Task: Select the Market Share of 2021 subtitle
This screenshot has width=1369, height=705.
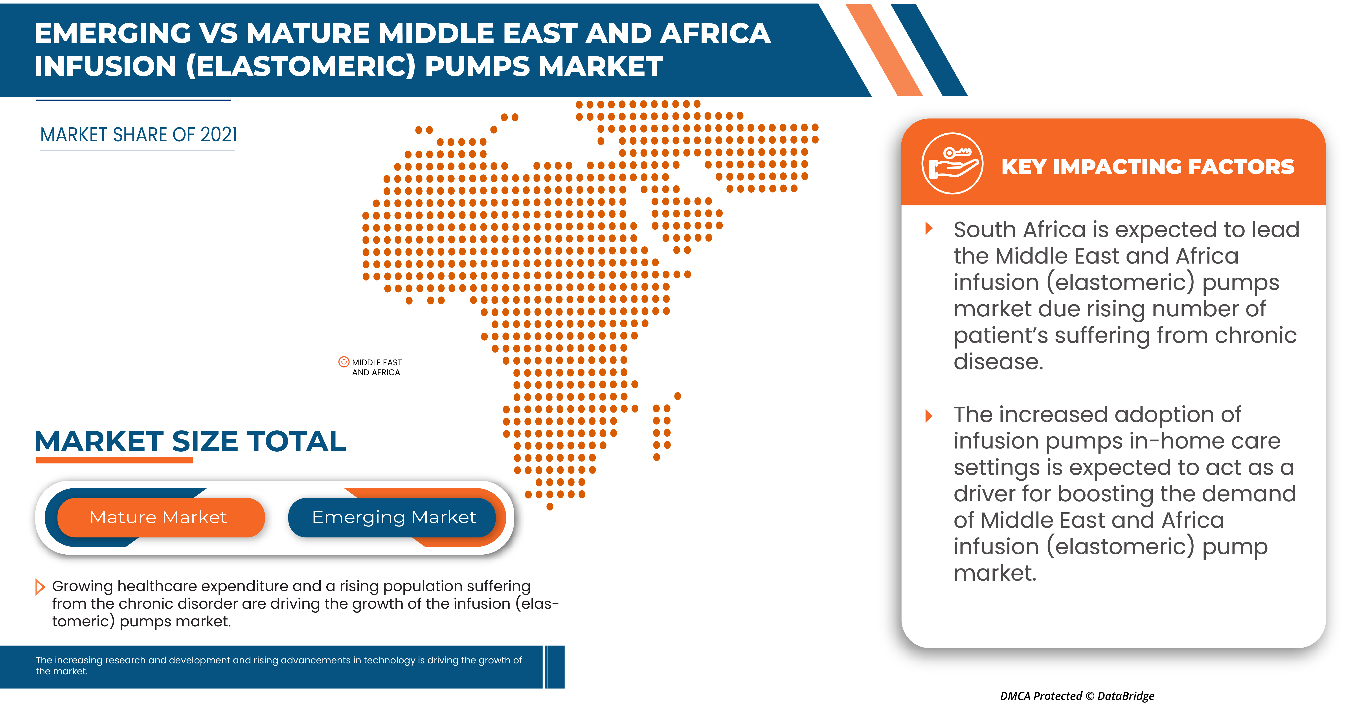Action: tap(139, 135)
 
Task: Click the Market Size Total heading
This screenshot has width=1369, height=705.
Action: tap(190, 441)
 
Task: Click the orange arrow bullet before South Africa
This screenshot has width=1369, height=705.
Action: tap(929, 229)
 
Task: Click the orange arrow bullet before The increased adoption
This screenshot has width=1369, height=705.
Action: tap(929, 416)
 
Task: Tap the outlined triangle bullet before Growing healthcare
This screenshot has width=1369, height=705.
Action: tap(40, 587)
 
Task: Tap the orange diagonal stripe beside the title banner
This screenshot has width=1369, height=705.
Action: tap(883, 50)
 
